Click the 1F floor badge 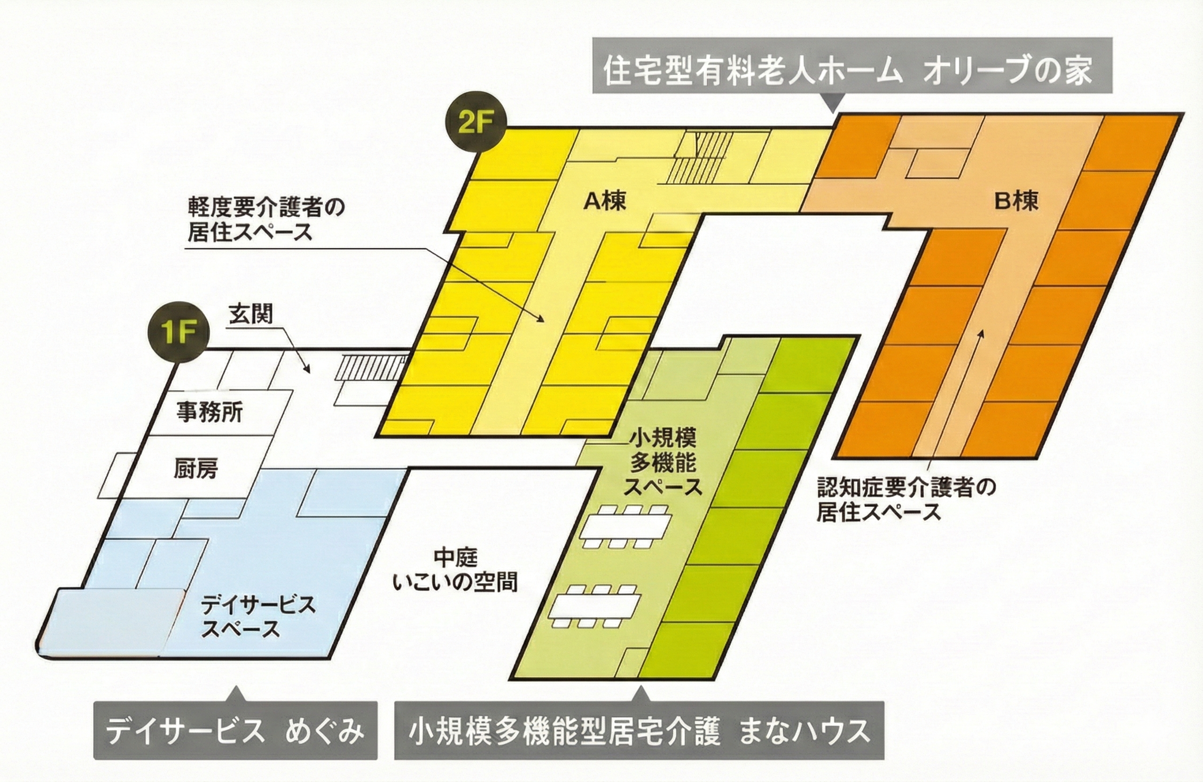point(178,334)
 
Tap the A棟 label point(604,201)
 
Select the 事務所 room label point(209,413)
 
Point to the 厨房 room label point(196,469)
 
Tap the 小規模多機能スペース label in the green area point(662,463)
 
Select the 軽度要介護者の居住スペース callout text point(266,219)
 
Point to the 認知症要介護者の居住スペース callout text point(906,500)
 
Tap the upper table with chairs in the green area point(626,526)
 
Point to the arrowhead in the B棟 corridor point(981,332)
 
